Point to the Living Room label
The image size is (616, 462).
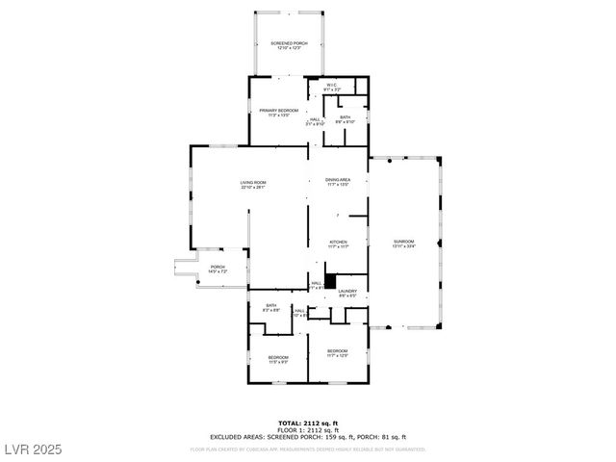click(x=253, y=185)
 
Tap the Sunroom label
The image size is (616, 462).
click(x=403, y=243)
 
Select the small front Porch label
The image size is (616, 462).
click(x=218, y=269)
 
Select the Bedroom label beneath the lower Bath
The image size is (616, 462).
click(x=277, y=359)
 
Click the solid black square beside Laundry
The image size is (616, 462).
click(x=329, y=281)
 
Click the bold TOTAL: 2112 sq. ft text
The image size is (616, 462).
click(x=307, y=423)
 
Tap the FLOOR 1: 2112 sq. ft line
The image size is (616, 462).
click(x=307, y=429)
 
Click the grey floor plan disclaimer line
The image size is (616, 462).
click(x=307, y=449)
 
